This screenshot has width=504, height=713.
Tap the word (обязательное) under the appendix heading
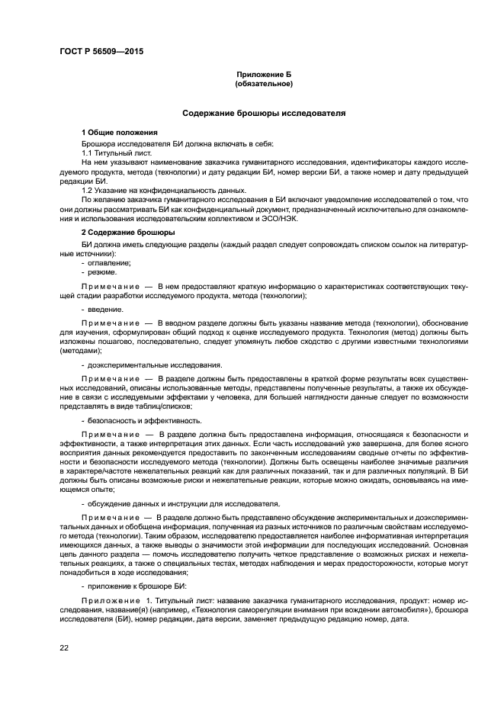[264, 84]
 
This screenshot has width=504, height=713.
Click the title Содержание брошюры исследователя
[264, 113]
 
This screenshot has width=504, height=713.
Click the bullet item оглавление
[109, 263]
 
